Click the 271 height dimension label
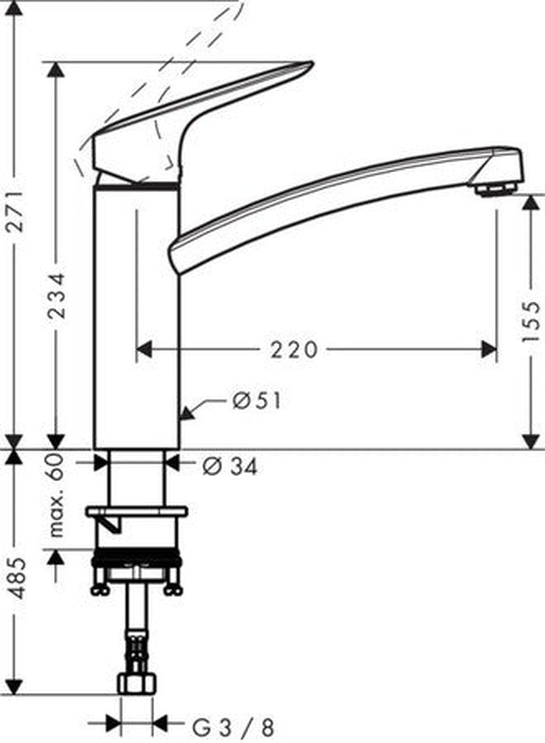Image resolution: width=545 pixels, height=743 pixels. click(15, 211)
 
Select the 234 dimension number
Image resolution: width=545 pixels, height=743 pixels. click(56, 295)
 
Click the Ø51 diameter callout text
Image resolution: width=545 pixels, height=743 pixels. click(256, 401)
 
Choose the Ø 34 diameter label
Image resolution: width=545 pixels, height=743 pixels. click(230, 467)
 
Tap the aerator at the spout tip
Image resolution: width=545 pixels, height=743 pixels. click(495, 190)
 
